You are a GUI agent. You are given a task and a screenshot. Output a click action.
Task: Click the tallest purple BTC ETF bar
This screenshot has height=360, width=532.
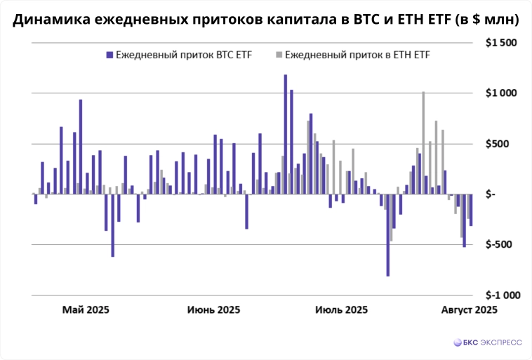[x=285, y=133]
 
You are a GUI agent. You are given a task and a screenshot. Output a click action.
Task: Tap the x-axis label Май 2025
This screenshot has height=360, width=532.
[x=86, y=309]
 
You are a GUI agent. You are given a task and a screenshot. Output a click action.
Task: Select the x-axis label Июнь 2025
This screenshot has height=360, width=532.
[x=213, y=309]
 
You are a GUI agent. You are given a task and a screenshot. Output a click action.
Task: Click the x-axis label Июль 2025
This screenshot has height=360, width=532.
[x=341, y=309]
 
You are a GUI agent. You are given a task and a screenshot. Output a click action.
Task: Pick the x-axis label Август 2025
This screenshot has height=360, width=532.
[x=469, y=309]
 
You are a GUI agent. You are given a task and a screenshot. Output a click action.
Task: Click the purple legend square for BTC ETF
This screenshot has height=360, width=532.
[x=109, y=54]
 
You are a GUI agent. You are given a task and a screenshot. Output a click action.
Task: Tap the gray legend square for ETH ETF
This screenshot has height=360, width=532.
[x=279, y=54]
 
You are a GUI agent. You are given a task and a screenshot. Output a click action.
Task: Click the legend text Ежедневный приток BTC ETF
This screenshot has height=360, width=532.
[x=185, y=54]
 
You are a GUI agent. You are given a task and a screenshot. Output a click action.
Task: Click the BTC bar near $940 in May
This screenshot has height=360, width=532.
[x=81, y=147]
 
